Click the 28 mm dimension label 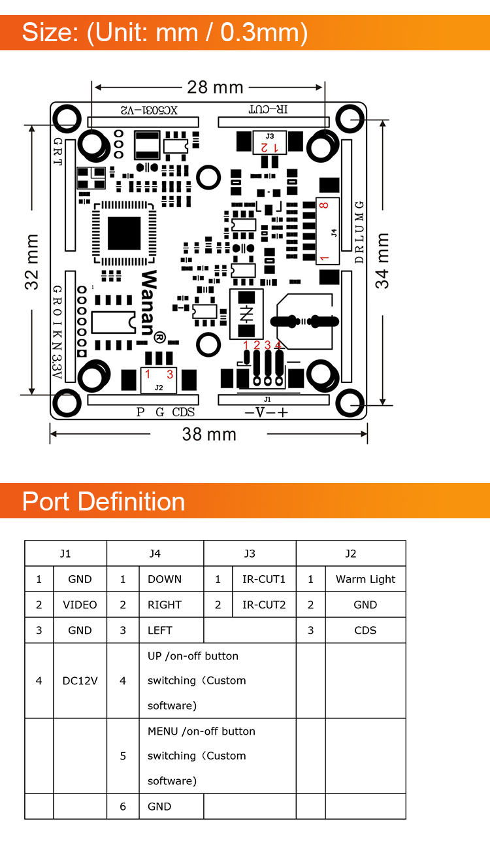215,87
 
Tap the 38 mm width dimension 209,434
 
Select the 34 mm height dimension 383,260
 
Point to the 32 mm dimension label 31,261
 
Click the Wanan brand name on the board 148,302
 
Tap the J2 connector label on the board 159,387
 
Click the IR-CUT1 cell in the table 264,579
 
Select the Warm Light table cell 365,579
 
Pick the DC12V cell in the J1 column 80,680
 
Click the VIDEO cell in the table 80,605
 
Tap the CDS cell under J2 365,630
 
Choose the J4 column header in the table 155,554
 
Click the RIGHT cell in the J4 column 165,605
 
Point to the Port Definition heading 104,501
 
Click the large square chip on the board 124,233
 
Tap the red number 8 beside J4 323,206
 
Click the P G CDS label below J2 165,412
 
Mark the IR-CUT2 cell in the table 264,605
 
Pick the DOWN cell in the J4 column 165,579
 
